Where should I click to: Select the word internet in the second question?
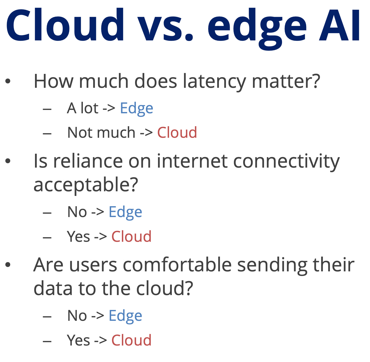click(192, 161)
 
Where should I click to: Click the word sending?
click(272, 266)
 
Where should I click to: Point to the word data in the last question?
click(53, 288)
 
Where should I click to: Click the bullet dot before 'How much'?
click(8, 81)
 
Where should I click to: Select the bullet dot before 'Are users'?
click(8, 264)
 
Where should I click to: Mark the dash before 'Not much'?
click(47, 134)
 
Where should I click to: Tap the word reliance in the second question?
click(88, 161)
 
